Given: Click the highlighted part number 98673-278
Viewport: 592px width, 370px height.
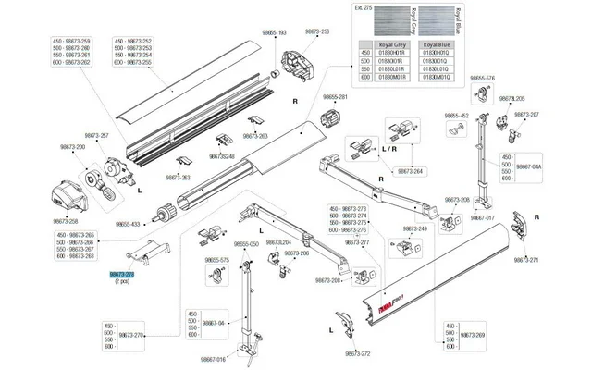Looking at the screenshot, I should point(122,275).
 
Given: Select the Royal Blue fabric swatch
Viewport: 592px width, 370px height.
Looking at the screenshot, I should point(438,20).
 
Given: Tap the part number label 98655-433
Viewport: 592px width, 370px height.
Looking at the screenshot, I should point(129,225).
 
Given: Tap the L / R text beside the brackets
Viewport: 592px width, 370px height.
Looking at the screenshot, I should point(389,148).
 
